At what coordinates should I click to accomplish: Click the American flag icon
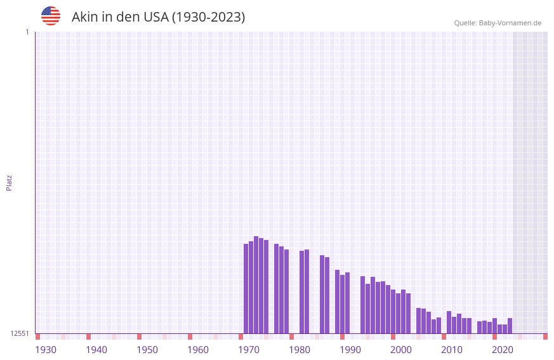tap(51, 16)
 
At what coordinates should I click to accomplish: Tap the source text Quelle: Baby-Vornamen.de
tap(498, 23)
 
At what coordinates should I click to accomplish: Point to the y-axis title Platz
tap(9, 182)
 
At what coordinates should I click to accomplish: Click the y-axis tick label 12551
tap(20, 333)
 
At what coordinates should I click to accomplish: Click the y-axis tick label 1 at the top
tap(27, 32)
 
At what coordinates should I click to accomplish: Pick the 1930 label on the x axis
tap(46, 350)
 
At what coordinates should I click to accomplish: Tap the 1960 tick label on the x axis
tap(198, 350)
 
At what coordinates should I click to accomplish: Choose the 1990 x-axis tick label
tap(350, 350)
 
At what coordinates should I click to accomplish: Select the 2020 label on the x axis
tap(503, 350)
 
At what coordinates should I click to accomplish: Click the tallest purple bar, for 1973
tap(256, 285)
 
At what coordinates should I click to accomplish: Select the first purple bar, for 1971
tap(246, 289)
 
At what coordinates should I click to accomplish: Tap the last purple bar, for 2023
tap(510, 326)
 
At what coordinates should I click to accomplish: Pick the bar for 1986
tap(322, 295)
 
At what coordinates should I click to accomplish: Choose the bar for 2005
tap(419, 321)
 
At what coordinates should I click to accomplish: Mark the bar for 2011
tap(449, 323)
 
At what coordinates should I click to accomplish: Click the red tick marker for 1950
tap(140, 337)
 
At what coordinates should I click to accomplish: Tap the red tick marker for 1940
tap(89, 337)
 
